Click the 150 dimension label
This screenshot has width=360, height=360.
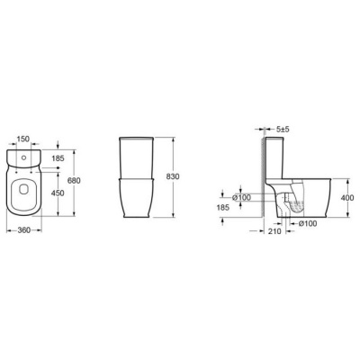point(23,139)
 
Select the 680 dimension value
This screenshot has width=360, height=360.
point(74,181)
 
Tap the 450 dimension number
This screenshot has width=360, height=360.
point(58,193)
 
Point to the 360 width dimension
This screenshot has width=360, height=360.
point(24,230)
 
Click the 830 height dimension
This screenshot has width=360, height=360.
point(173,176)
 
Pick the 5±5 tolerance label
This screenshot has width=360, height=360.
point(283,130)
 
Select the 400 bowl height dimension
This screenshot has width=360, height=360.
point(347,198)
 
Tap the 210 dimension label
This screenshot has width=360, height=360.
point(274,231)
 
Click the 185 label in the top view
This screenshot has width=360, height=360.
point(58,158)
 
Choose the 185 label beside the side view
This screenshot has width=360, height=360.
point(222,207)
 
